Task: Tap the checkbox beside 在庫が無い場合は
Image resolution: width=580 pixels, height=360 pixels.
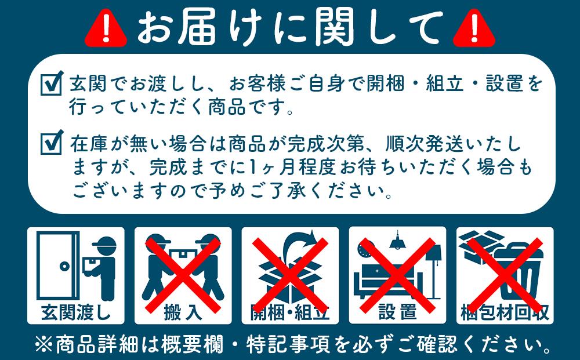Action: [x=52, y=142]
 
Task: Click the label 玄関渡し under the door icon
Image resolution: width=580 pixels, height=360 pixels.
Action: [x=76, y=312]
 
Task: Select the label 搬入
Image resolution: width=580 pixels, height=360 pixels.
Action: [x=183, y=312]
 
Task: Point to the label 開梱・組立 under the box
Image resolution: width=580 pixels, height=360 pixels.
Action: [x=290, y=312]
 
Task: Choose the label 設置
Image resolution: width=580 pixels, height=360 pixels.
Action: [x=397, y=312]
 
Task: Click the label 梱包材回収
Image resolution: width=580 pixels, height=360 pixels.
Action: [x=505, y=312]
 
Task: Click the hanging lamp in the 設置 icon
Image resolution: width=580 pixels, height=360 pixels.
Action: [x=398, y=239]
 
